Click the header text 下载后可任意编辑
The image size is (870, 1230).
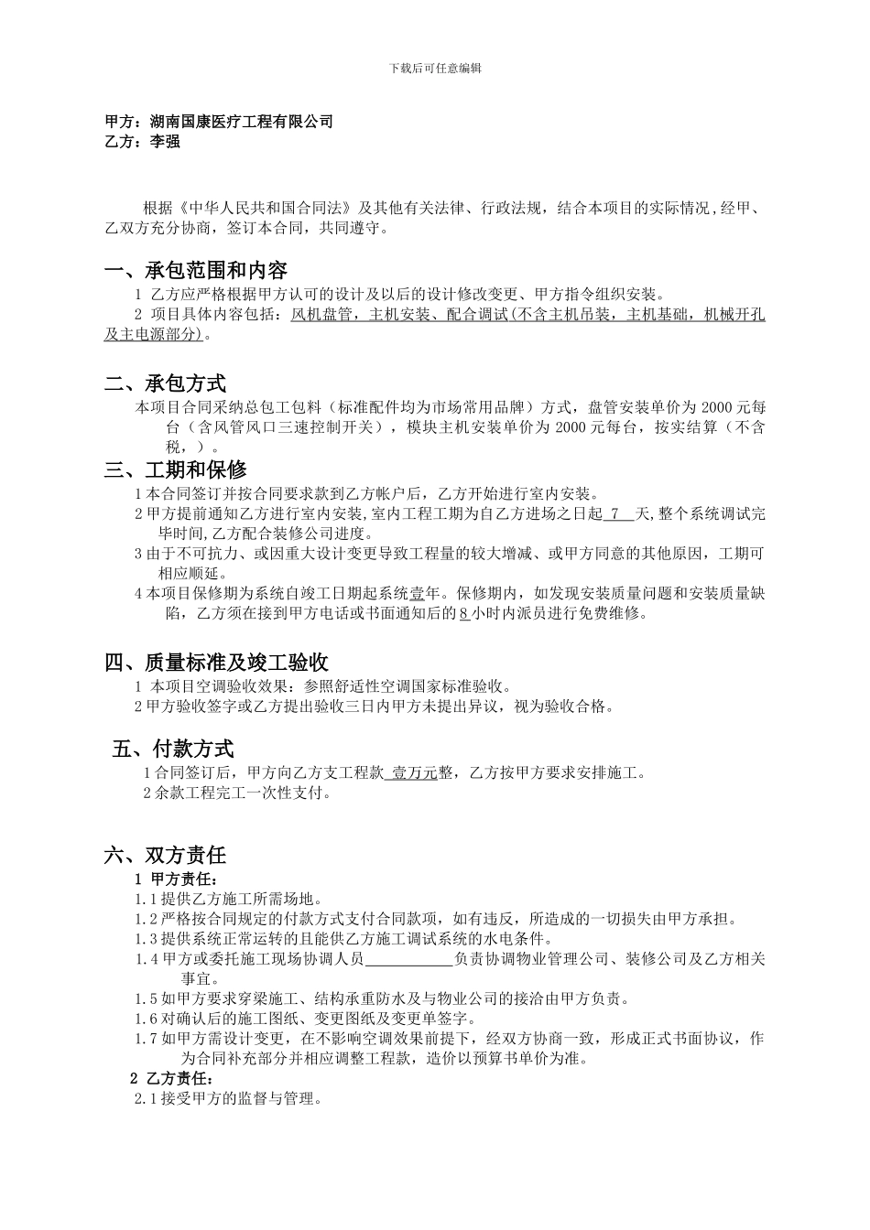click(435, 68)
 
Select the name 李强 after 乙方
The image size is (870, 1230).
click(165, 142)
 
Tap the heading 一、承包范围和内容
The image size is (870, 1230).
click(197, 271)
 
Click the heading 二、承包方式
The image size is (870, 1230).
click(166, 383)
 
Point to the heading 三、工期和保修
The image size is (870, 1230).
click(176, 470)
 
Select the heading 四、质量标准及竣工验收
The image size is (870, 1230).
click(217, 662)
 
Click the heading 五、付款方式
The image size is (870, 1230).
click(173, 750)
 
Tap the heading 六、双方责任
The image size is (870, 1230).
click(166, 856)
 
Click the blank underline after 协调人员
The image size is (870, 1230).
click(408, 959)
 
